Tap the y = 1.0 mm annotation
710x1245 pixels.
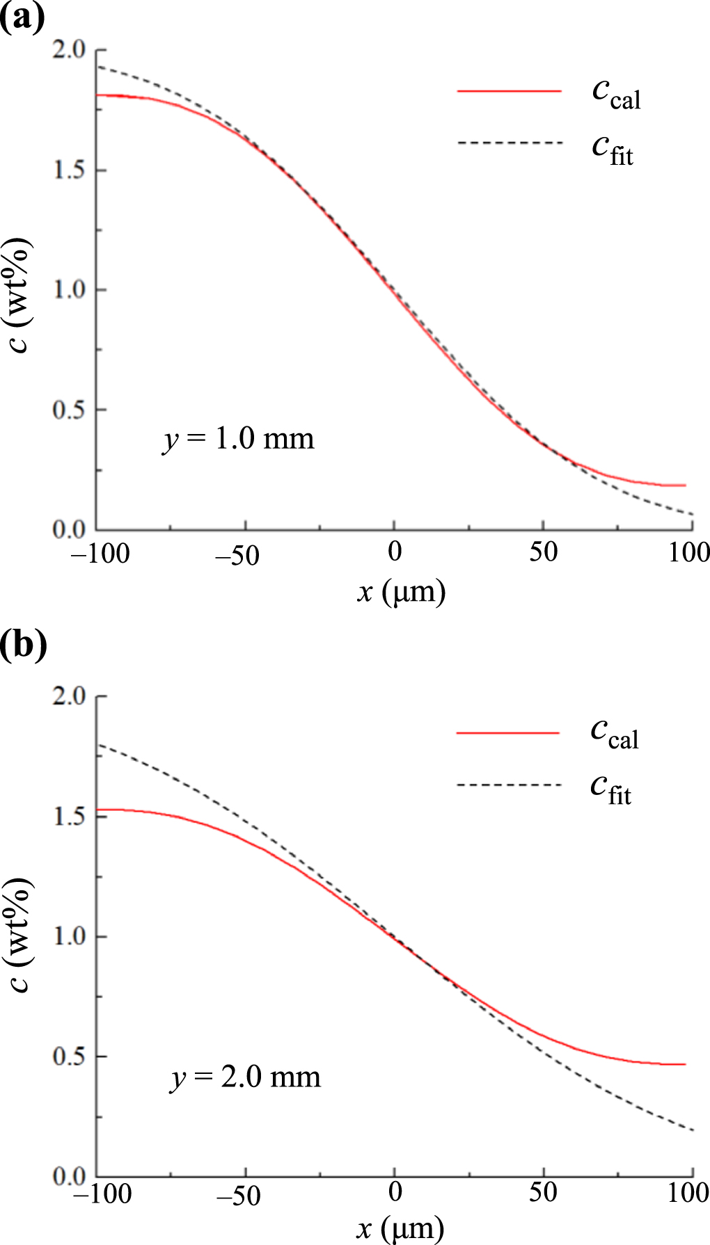coord(239,440)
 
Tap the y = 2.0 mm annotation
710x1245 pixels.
coord(246,1077)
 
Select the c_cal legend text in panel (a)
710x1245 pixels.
coord(615,95)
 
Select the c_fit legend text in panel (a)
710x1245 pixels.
coord(613,150)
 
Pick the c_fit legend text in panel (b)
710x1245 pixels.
coord(611,789)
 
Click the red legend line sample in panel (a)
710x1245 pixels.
coord(509,91)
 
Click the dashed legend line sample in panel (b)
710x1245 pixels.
coord(509,785)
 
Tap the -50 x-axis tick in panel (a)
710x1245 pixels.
coord(237,556)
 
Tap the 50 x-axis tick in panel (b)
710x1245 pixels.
coord(543,1194)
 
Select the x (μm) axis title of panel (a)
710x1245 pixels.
coord(401,593)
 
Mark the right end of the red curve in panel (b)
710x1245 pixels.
coord(686,1064)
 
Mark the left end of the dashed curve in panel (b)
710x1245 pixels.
coord(98,744)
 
